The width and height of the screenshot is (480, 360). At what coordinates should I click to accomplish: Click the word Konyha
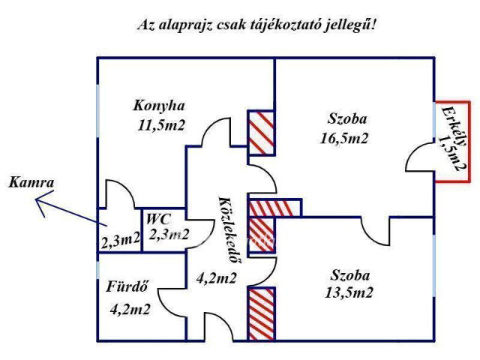click(x=159, y=105)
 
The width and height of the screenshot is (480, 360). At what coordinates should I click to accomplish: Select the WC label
click(x=158, y=219)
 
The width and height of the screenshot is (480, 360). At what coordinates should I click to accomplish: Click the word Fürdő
click(x=126, y=286)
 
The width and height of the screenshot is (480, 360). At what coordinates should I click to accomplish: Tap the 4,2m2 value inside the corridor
click(x=217, y=278)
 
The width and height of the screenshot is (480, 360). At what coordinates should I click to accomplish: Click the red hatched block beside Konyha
click(x=262, y=132)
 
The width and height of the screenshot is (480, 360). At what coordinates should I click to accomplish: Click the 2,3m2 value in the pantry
click(x=120, y=240)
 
